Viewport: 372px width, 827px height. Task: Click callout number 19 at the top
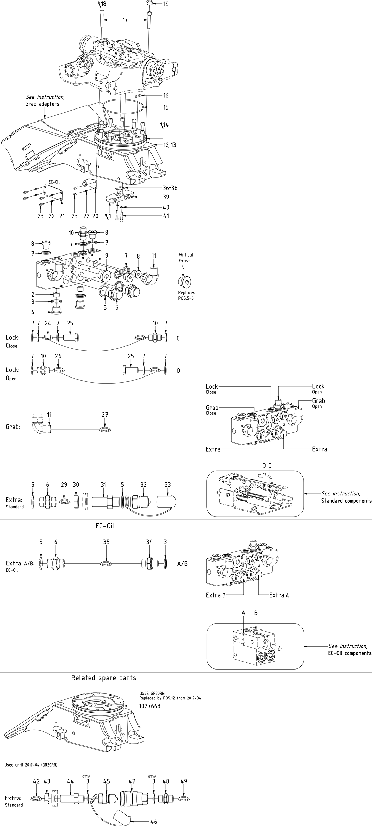[166, 4]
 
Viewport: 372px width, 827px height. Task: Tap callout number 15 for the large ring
[166, 107]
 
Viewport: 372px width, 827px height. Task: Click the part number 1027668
[149, 706]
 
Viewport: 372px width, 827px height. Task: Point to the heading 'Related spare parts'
[103, 678]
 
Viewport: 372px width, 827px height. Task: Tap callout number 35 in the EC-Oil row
[106, 542]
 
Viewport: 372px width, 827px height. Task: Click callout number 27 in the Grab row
[105, 415]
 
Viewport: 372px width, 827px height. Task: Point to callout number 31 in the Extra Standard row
[103, 485]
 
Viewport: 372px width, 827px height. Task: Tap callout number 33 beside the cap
[168, 485]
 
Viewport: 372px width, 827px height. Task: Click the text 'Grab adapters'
[42, 104]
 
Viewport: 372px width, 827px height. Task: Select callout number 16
[166, 96]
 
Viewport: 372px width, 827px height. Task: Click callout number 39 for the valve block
[166, 197]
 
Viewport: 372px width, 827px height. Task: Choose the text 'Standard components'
[346, 501]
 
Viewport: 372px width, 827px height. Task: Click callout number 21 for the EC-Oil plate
[62, 216]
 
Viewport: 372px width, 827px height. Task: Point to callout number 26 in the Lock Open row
[58, 356]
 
